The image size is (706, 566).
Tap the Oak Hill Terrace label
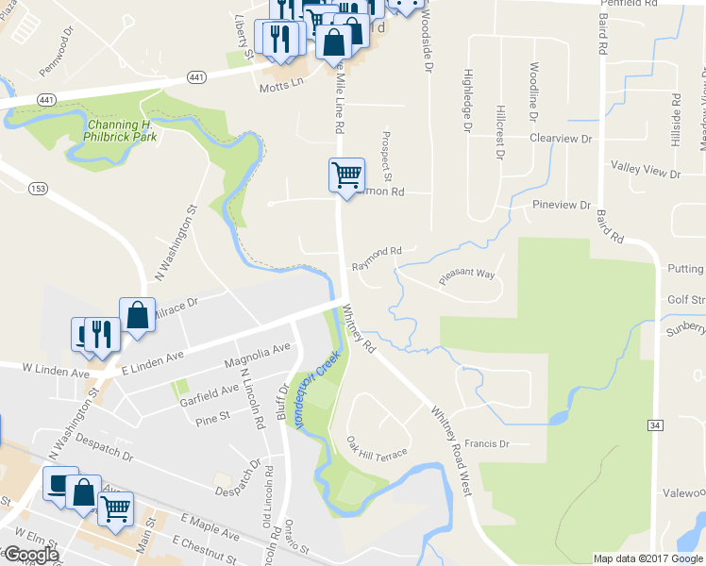tap(377, 447)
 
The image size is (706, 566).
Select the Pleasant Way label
tap(466, 276)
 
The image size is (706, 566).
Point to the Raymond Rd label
tap(377, 252)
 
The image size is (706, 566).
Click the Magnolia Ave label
tap(257, 357)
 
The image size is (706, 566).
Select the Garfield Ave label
tap(210, 391)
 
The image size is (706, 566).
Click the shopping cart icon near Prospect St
tap(346, 174)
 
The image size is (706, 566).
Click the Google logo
tap(31, 556)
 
